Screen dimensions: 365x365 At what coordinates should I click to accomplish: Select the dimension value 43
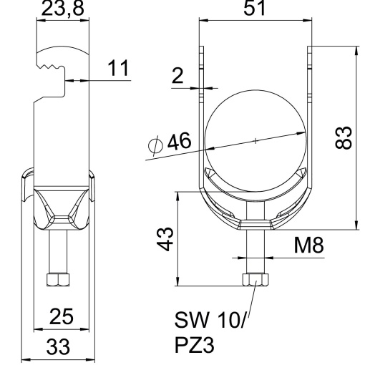tap(165, 235)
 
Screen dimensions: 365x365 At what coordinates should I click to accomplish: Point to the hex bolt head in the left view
tap(57, 278)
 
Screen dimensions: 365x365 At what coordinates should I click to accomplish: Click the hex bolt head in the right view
tap(255, 278)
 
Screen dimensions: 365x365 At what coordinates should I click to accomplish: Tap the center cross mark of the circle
tap(255, 141)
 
